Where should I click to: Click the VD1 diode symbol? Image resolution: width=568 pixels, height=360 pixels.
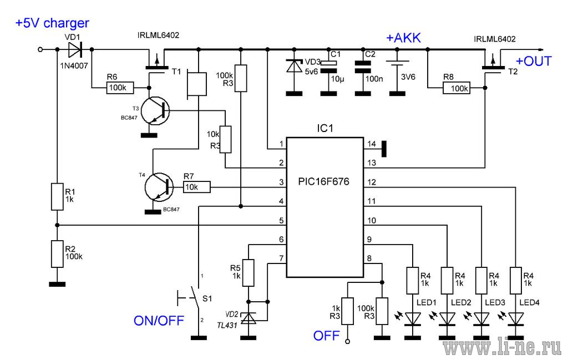point(75,49)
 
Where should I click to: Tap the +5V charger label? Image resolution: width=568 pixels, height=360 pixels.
point(52,23)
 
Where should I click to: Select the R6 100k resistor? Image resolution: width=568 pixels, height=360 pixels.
point(120,88)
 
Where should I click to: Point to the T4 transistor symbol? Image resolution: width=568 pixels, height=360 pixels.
point(159,187)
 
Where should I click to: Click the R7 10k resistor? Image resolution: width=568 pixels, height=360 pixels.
point(197,187)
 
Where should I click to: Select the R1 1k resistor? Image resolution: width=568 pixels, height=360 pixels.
point(57,197)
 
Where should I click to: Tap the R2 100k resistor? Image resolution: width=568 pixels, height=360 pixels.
point(57,254)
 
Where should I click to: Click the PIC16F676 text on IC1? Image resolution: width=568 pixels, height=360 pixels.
point(323,181)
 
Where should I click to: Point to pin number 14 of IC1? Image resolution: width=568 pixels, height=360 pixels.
point(372,144)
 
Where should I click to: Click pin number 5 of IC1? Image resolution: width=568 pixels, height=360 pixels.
point(281,221)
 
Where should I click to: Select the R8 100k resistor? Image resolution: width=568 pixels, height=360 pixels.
point(457,88)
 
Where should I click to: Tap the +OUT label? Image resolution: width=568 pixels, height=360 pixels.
point(534,61)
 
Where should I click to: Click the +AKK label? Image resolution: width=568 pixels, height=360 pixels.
point(404,38)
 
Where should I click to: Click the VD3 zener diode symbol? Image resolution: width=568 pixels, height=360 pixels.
point(294,66)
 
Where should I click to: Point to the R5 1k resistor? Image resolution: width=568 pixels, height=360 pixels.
point(248,273)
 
